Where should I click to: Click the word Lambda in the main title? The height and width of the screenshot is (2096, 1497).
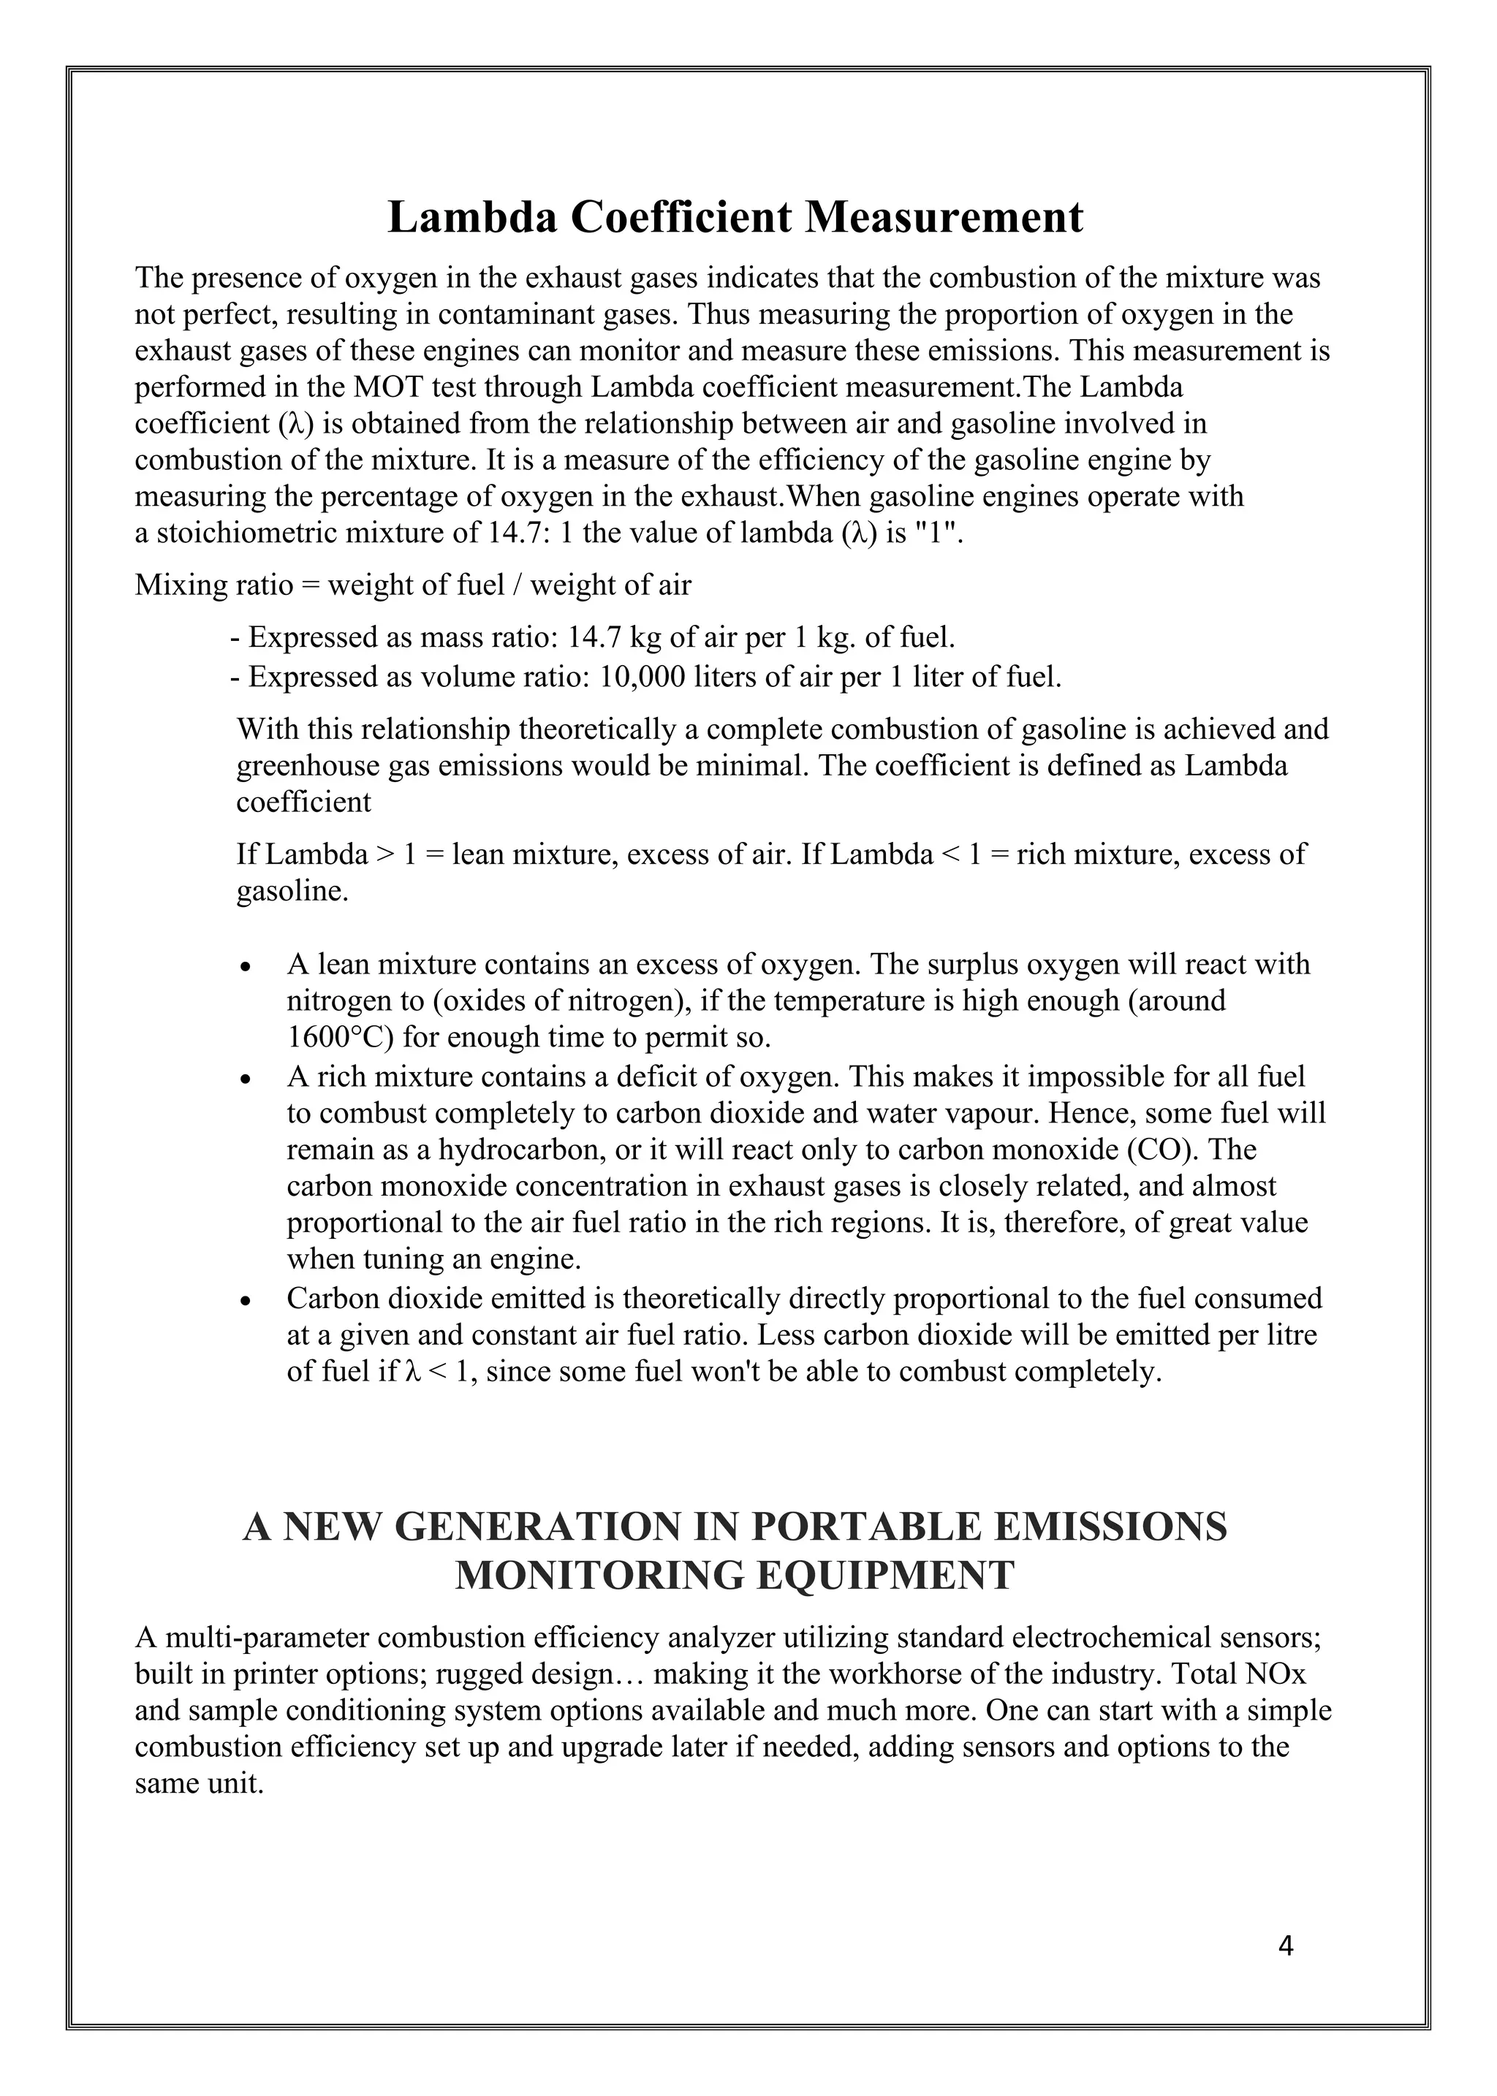[x=470, y=218]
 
